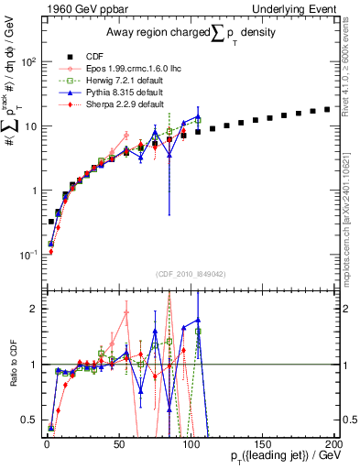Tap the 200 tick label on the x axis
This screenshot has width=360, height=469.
point(333,443)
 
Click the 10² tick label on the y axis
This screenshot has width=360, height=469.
point(29,62)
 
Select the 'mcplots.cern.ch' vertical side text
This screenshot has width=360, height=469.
point(352,229)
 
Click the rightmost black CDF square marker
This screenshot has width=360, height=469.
point(326,110)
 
